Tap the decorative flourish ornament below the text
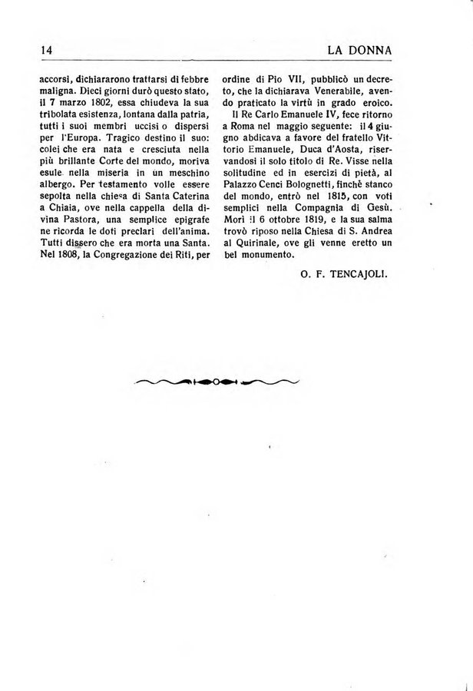(216, 382)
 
